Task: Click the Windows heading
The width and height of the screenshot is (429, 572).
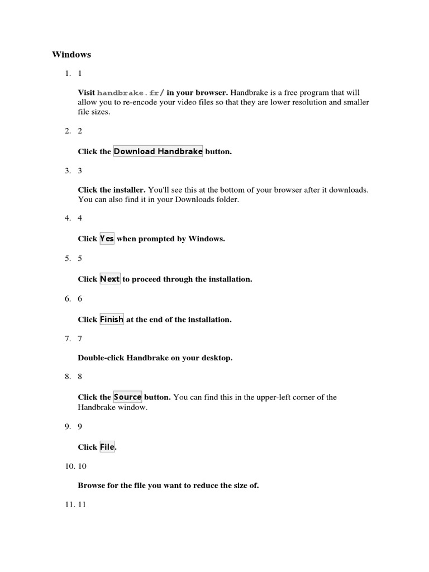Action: coord(71,55)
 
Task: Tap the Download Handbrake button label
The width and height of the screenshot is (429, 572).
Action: coord(158,151)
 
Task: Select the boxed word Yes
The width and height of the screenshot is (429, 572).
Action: coord(107,239)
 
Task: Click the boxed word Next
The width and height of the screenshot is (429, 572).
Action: coord(110,279)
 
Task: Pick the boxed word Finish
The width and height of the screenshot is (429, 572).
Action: coord(112,320)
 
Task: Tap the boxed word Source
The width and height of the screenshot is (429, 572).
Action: coord(128,397)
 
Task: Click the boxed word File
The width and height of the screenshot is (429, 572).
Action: coord(107,447)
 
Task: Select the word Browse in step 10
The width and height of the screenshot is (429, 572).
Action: coord(91,485)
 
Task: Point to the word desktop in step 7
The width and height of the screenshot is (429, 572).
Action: coord(216,358)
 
